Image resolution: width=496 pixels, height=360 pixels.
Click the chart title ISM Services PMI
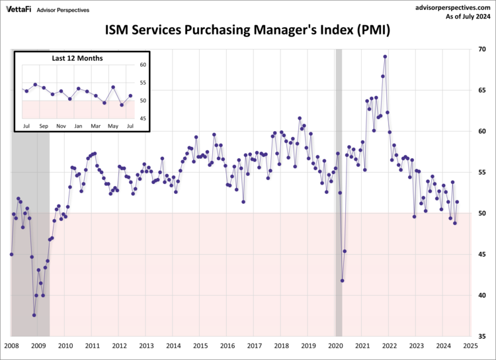click(x=248, y=30)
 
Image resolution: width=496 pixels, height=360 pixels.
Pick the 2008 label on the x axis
click(x=11, y=345)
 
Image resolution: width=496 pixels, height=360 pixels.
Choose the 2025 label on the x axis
click(x=470, y=345)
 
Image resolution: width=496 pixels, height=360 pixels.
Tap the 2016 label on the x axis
click(x=227, y=345)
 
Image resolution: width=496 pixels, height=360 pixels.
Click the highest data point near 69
click(x=385, y=57)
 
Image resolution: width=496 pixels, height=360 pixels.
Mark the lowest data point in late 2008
click(x=34, y=315)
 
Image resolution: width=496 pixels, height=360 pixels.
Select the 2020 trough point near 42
click(x=343, y=281)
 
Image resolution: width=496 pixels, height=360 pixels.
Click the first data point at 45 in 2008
click(x=11, y=254)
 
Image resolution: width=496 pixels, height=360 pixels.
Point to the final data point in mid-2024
click(x=457, y=202)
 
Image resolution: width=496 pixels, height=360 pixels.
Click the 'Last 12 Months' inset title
click(x=77, y=58)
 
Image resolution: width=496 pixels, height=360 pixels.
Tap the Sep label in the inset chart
click(x=43, y=126)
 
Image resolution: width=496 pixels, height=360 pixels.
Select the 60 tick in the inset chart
click(x=143, y=65)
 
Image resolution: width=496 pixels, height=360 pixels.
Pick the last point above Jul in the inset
click(x=130, y=96)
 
